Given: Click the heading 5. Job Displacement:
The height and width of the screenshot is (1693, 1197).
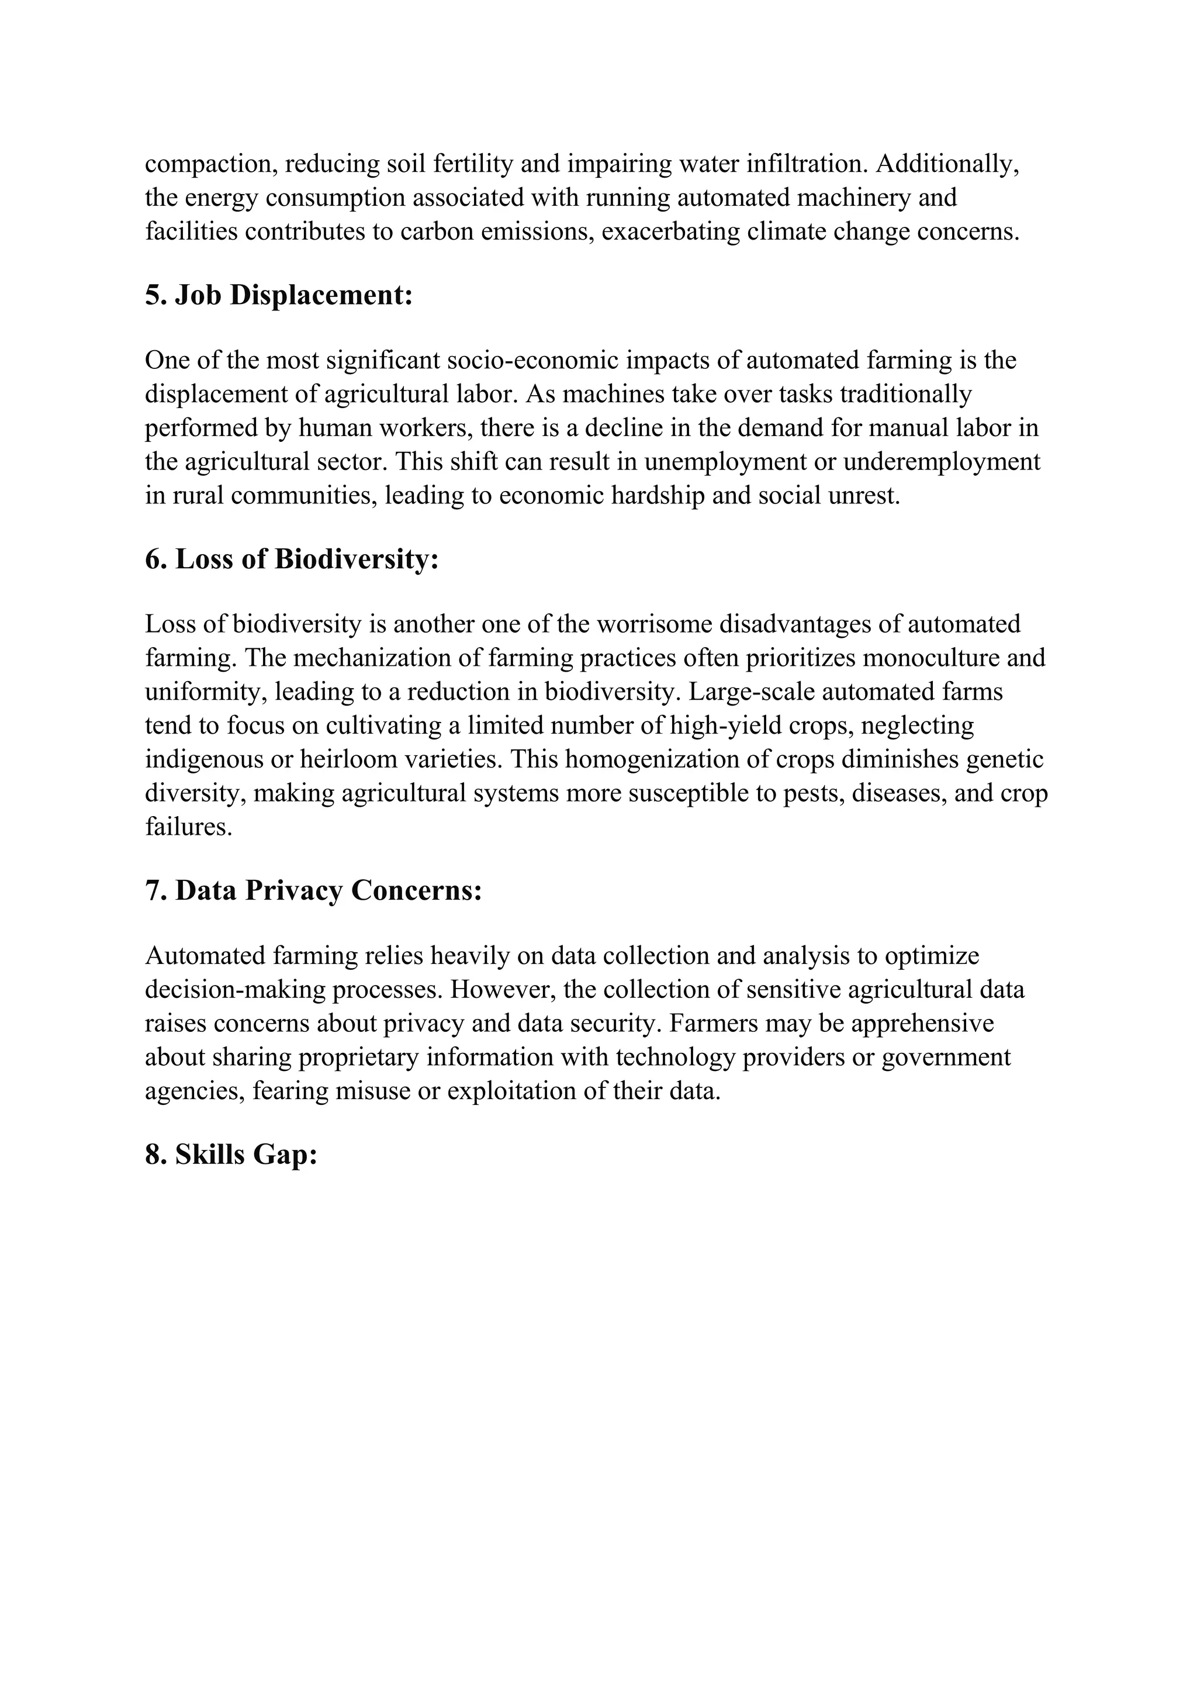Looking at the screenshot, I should click(x=279, y=296).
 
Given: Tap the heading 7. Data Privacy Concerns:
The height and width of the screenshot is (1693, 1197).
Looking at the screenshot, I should click(x=313, y=891).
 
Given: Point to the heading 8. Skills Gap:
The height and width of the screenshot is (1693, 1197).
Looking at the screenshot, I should click(x=231, y=1155).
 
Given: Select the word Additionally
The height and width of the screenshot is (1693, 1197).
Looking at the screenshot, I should click(x=946, y=164).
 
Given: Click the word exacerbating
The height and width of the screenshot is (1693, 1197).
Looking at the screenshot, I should click(x=671, y=232).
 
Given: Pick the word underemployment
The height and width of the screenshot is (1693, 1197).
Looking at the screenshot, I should click(x=941, y=462).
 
